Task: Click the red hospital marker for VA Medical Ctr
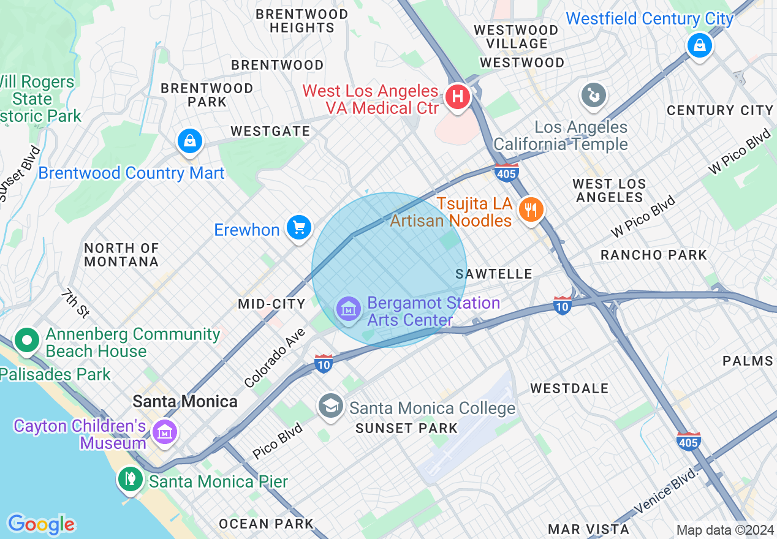click(457, 97)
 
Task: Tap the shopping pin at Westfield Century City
click(699, 45)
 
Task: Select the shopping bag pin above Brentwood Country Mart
click(191, 142)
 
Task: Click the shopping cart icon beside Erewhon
click(298, 228)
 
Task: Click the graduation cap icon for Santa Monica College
click(331, 406)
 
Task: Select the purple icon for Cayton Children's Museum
click(165, 432)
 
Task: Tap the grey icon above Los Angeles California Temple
click(594, 95)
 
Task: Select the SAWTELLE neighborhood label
click(494, 274)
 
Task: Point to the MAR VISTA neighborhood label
click(588, 529)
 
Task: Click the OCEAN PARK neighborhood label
click(267, 524)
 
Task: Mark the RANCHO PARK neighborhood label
click(654, 255)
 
